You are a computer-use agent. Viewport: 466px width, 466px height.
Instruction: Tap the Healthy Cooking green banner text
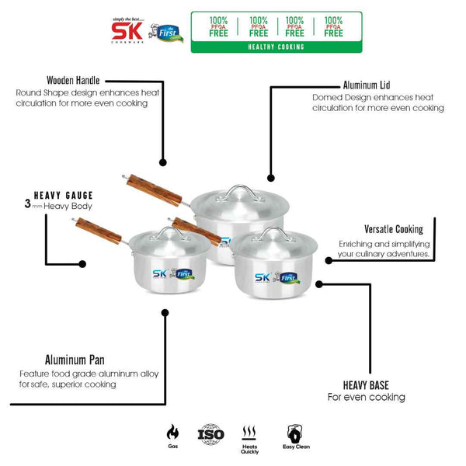(277, 47)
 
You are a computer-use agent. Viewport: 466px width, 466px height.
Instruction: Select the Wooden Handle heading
(73, 80)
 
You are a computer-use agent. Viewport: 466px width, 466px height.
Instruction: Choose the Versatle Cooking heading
(394, 229)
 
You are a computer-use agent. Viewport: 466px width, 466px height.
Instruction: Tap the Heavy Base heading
(366, 384)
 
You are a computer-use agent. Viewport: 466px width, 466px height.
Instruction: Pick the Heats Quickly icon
(250, 433)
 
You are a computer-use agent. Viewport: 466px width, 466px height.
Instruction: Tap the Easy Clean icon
(294, 433)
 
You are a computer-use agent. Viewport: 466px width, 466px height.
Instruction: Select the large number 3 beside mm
(27, 206)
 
